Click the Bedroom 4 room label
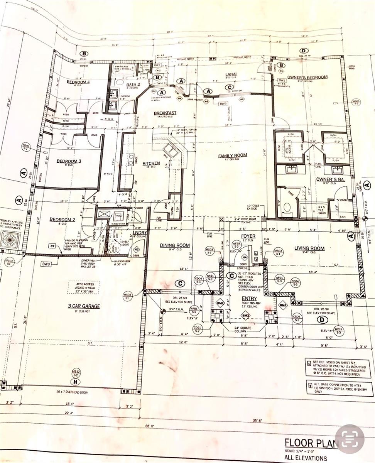click(x=78, y=82)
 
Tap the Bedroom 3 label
click(x=68, y=161)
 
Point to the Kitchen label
click(x=151, y=163)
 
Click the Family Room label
click(x=232, y=155)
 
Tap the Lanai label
click(x=231, y=74)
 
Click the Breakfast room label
click(x=165, y=113)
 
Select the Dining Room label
click(x=174, y=245)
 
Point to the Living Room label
click(x=309, y=248)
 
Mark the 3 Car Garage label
click(x=84, y=306)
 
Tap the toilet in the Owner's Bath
click(x=286, y=208)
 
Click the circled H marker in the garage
click(x=76, y=382)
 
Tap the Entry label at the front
click(x=249, y=298)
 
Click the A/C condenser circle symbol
click(x=9, y=240)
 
